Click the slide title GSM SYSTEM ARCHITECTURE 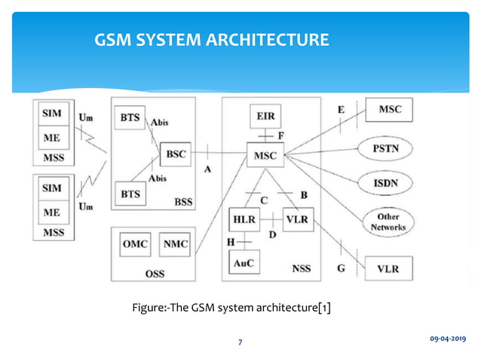coord(210,38)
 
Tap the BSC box coord(175,154)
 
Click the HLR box coord(244,220)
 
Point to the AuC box coord(244,264)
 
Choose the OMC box coord(136,244)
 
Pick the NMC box coord(176,244)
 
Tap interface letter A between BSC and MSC coord(207,169)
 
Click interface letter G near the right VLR coord(342,267)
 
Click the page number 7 coord(240,343)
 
